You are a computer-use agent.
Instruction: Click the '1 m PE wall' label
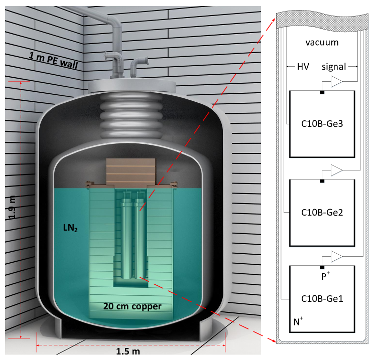tap(53, 61)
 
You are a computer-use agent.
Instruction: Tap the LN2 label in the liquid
tap(70, 228)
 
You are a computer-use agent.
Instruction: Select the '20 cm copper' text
tap(132, 306)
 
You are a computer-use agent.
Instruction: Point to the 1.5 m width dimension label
tap(128, 351)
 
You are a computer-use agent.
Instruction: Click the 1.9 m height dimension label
tap(12, 207)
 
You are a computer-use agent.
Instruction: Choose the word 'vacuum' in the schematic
tap(322, 43)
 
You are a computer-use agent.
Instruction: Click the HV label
tap(303, 67)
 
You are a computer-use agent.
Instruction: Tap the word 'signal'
tap(334, 67)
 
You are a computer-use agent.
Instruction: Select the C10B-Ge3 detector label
tap(322, 124)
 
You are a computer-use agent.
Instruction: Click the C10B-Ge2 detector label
tap(322, 213)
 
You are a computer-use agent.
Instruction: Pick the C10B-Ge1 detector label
tap(322, 299)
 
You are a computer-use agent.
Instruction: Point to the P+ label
tap(325, 276)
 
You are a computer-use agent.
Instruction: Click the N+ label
tap(298, 321)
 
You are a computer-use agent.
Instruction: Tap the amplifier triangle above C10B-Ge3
tap(336, 81)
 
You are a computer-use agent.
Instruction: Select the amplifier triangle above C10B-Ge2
tap(336, 170)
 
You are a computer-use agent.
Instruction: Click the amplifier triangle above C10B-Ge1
tap(336, 257)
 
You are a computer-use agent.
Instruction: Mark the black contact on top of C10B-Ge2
tap(322, 181)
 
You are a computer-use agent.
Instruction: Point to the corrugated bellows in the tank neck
tap(131, 116)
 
